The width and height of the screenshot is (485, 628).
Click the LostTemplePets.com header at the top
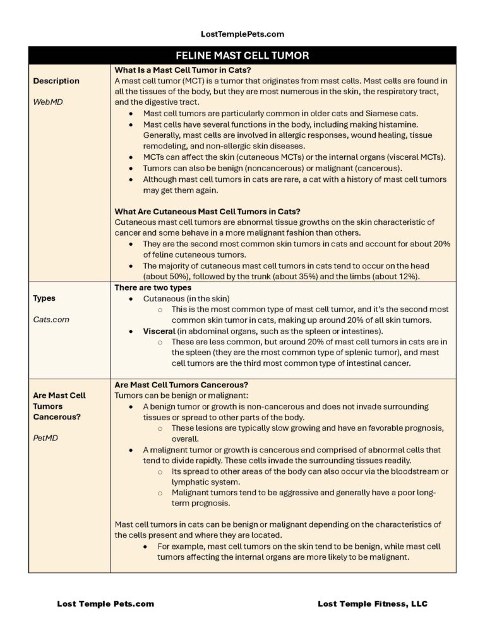pyautogui.click(x=242, y=34)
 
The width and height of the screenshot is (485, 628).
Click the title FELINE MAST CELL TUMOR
pyautogui.click(x=242, y=56)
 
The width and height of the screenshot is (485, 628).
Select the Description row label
pyautogui.click(x=56, y=81)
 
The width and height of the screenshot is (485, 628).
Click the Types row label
pyautogui.click(x=44, y=298)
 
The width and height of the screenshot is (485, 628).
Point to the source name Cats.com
pyautogui.click(x=51, y=320)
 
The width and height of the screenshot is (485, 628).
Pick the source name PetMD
pyautogui.click(x=45, y=438)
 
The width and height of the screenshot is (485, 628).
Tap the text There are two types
pyautogui.click(x=153, y=287)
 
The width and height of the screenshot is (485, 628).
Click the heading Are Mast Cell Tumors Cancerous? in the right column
pyautogui.click(x=181, y=385)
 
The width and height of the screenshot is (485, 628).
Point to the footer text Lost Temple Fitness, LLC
pyautogui.click(x=373, y=604)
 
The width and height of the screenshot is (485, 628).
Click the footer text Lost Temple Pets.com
pyautogui.click(x=105, y=604)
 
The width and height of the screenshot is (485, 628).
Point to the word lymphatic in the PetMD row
pyautogui.click(x=192, y=482)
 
